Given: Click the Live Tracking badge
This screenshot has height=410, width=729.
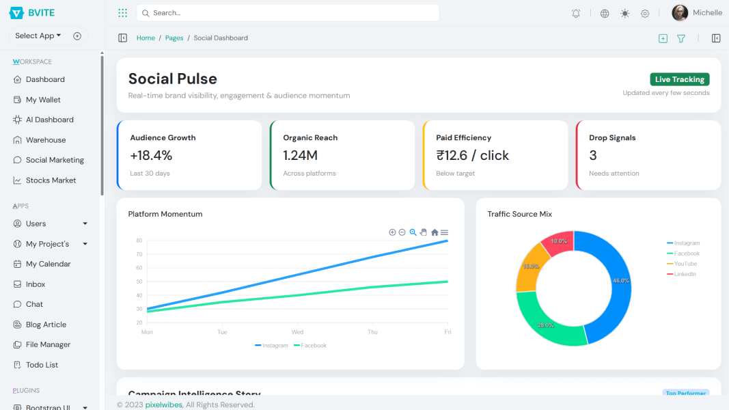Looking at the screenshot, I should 679,79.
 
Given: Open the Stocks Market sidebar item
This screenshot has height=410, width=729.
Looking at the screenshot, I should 51,180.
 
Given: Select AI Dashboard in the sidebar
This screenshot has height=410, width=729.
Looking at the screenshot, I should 49,120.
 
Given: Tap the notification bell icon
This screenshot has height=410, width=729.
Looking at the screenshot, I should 576,14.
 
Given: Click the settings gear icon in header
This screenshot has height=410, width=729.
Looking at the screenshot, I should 645,14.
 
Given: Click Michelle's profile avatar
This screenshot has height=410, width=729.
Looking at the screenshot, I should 680,13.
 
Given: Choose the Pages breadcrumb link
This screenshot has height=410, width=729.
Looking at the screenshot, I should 174,38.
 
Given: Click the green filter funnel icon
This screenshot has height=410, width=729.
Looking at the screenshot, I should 681,39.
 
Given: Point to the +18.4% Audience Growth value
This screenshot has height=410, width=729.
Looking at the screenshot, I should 151,156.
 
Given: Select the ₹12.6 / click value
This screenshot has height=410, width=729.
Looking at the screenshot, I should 472,156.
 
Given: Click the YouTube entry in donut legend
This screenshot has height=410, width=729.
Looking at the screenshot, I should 685,264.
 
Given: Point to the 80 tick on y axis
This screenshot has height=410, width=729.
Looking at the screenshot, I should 139,241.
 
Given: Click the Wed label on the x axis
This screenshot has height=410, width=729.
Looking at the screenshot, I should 297,332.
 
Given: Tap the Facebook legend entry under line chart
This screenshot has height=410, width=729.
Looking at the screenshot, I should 313,346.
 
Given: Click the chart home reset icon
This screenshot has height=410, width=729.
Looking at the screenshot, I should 435,232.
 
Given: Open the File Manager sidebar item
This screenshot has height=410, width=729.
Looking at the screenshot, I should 48,345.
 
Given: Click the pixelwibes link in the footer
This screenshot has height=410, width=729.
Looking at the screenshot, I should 163,405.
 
